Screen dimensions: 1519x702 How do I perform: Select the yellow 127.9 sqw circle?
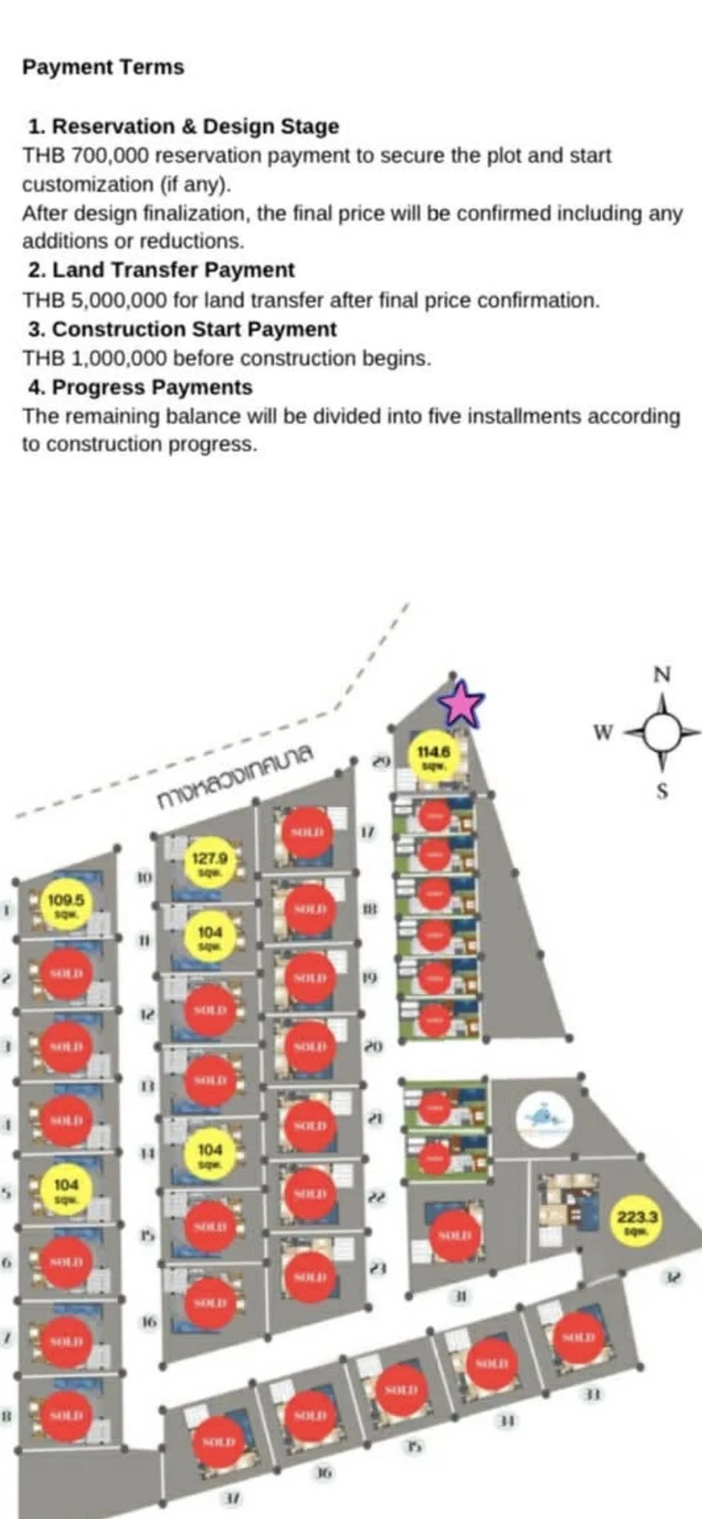coord(209,863)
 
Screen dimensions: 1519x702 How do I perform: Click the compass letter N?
coord(662,674)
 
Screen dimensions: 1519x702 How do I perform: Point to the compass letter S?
coord(663,791)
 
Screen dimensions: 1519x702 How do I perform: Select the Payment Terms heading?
coord(103,67)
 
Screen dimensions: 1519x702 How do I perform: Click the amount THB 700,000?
coord(85,156)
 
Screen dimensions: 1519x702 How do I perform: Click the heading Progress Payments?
coord(152,387)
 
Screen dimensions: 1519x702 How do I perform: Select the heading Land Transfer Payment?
coord(173,270)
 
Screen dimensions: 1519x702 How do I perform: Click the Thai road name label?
coord(236,775)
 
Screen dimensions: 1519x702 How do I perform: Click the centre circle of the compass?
coord(663,732)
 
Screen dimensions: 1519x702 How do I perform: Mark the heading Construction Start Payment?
coord(194,329)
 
